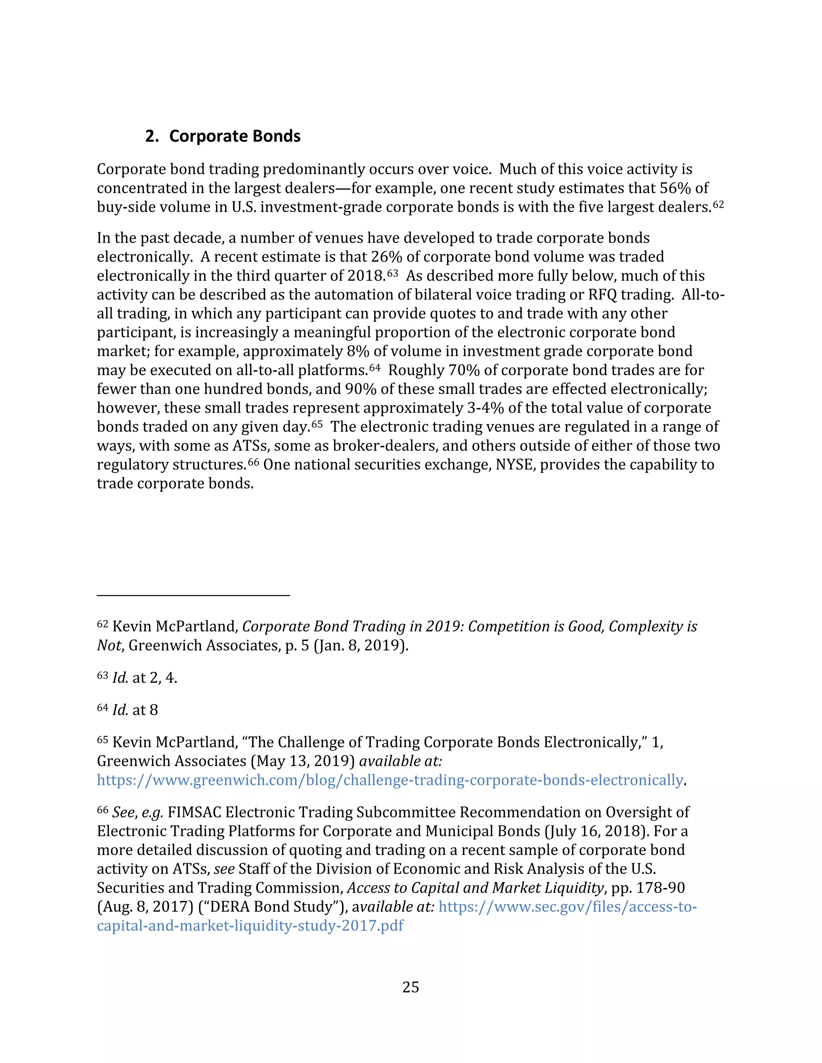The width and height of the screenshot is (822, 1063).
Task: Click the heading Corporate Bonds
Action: point(234,136)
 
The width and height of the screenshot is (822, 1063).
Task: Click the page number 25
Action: point(411,987)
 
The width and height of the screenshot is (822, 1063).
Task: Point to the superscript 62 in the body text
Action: point(718,205)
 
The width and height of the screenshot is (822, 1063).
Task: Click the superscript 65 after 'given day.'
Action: point(317,424)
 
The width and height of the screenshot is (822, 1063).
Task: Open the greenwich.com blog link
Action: point(390,780)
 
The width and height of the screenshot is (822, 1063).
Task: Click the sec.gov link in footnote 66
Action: point(568,907)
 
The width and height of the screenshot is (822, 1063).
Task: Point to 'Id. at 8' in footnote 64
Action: point(135,710)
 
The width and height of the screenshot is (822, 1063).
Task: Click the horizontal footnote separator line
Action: point(193,595)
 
